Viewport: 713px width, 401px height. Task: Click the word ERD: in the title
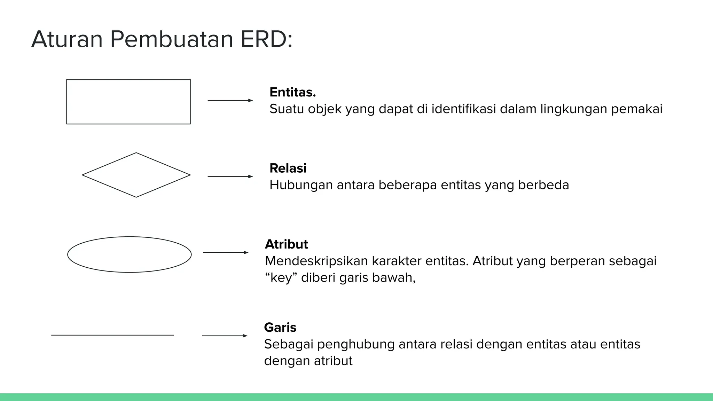266,39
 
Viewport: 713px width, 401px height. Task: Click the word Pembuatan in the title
171,39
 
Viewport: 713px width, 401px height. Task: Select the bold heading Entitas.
292,92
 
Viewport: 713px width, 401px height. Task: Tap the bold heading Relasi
288,168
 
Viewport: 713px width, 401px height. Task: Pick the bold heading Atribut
286,244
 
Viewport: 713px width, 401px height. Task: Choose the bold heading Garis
280,328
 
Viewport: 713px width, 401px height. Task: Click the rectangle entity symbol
128,102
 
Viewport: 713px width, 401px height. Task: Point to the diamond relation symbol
136,175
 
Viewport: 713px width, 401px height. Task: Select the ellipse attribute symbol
130,254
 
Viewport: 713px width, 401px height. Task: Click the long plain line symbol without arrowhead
112,335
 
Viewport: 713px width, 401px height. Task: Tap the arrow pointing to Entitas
230,101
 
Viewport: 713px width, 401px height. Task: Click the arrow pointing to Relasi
230,176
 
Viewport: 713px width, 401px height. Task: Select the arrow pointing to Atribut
226,252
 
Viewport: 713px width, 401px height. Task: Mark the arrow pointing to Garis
225,336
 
